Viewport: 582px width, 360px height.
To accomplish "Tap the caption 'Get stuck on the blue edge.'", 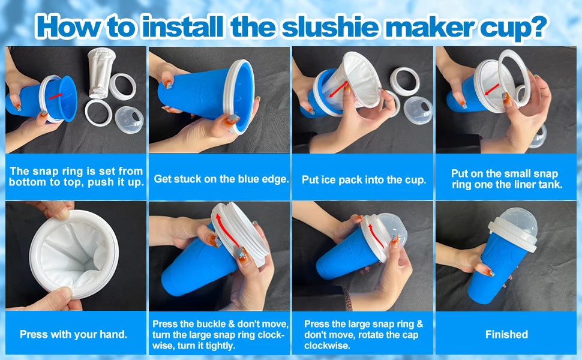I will coord(221,179).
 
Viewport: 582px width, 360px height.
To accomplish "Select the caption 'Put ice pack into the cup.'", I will coord(364,179).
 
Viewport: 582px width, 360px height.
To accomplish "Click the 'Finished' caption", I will coord(506,334).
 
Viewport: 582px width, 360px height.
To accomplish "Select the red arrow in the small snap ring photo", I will coord(491,89).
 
